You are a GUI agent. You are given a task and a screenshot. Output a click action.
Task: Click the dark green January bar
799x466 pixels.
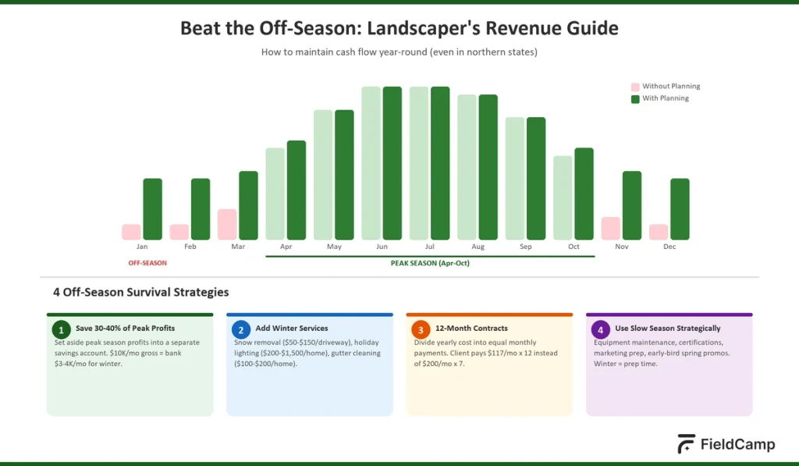(x=152, y=209)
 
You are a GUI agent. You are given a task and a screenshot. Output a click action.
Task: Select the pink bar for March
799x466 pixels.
(x=227, y=225)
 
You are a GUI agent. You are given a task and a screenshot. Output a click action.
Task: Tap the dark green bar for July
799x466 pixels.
(x=440, y=163)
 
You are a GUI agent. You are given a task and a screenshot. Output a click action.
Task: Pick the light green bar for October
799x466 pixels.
(x=563, y=198)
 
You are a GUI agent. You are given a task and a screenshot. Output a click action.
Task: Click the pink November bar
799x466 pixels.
(x=610, y=229)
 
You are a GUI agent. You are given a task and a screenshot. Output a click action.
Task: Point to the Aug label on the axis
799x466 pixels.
(x=478, y=247)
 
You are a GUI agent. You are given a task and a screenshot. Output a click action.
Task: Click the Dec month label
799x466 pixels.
(x=669, y=247)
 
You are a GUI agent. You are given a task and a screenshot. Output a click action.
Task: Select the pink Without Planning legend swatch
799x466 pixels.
(x=635, y=87)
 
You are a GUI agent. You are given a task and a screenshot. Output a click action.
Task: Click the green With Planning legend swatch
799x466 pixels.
(x=635, y=99)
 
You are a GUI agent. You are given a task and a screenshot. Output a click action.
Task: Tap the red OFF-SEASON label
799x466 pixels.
(x=147, y=263)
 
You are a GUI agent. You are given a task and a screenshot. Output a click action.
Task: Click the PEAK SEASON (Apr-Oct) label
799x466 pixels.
(x=430, y=263)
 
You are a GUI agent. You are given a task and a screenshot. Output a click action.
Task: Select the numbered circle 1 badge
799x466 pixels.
(x=61, y=329)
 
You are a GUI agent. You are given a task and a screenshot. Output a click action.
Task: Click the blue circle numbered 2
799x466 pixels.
(x=240, y=329)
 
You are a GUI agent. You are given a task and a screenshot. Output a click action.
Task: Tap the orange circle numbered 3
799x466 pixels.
(x=421, y=329)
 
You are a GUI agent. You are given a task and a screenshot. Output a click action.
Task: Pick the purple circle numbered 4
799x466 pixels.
(x=600, y=329)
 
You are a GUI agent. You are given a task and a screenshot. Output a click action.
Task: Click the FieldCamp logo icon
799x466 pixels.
(x=687, y=443)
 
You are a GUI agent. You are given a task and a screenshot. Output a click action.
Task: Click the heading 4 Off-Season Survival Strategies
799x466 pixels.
(x=140, y=293)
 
